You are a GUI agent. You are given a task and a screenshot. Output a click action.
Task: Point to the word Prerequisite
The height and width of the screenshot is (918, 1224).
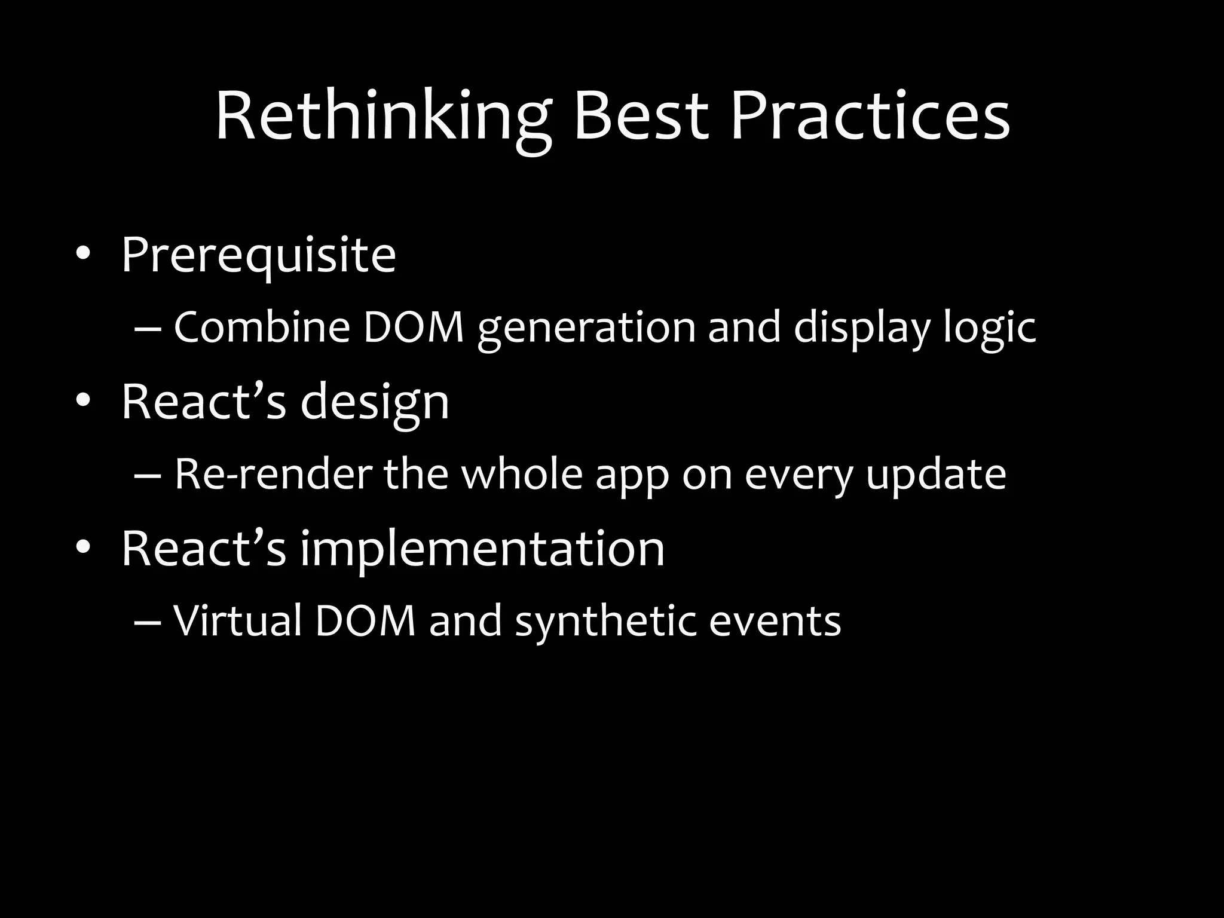coord(258,256)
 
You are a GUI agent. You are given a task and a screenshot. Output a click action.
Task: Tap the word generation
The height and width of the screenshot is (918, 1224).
coord(586,329)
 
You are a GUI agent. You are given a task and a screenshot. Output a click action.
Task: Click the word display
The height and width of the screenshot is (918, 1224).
coord(861,329)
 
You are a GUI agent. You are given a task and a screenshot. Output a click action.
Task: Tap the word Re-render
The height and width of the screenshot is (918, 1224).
coord(273,475)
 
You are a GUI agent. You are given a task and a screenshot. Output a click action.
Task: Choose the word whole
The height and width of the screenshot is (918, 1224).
coord(522,475)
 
